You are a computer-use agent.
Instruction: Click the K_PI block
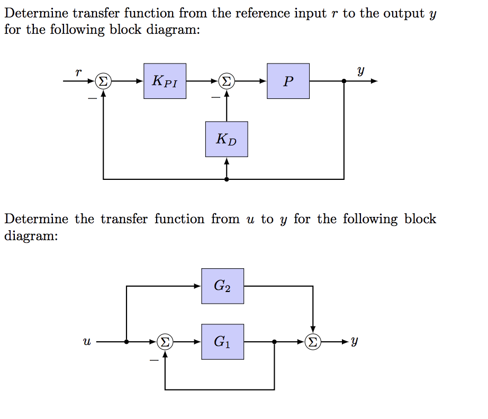click(165, 81)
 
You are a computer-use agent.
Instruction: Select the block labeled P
click(288, 81)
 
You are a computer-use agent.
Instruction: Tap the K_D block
click(227, 139)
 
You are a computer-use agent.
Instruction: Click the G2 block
click(222, 286)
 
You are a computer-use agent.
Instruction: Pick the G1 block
click(222, 342)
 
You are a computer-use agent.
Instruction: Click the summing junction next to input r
click(103, 81)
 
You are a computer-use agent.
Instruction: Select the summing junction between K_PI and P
click(227, 81)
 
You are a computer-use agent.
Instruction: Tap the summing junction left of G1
click(165, 342)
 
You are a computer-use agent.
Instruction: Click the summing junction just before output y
click(313, 342)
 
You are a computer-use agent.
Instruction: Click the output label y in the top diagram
click(361, 70)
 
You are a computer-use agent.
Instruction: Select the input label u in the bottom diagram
click(86, 342)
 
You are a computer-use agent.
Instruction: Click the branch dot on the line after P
click(345, 81)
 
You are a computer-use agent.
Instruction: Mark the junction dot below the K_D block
click(227, 179)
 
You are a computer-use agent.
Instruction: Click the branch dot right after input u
click(126, 342)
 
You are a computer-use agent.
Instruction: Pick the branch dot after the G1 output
click(274, 342)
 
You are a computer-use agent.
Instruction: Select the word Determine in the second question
click(37, 219)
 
